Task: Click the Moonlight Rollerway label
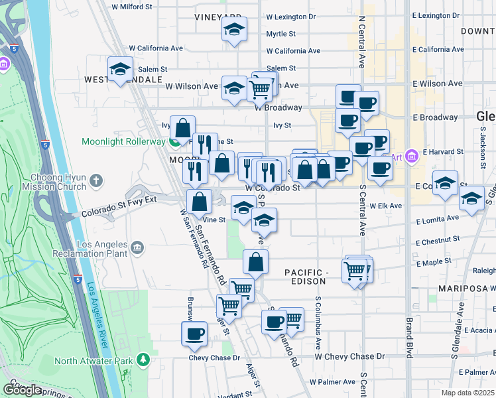pyautogui.click(x=123, y=141)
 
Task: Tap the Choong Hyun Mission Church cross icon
pyautogui.click(x=96, y=180)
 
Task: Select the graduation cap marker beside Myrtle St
pyautogui.click(x=233, y=30)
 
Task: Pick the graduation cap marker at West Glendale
pyautogui.click(x=120, y=70)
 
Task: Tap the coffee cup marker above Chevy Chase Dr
pyautogui.click(x=195, y=334)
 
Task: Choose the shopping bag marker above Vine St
pyautogui.click(x=199, y=202)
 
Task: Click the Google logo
pyautogui.click(x=22, y=390)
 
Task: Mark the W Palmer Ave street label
pyautogui.click(x=336, y=382)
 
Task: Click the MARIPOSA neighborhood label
pyautogui.click(x=466, y=290)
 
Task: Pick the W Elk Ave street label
pyautogui.click(x=386, y=206)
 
